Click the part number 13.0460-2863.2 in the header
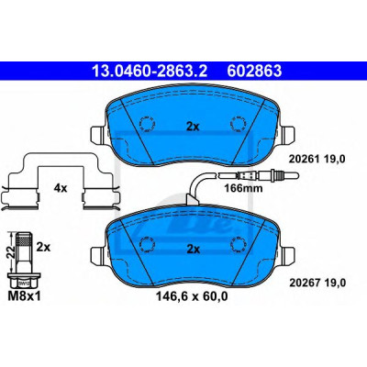[x=150, y=71]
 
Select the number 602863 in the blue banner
[x=254, y=71]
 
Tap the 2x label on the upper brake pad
[x=193, y=127]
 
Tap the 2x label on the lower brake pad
[x=194, y=250]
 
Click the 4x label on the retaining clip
[x=61, y=188]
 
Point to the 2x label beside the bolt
[x=43, y=247]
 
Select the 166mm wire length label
[x=243, y=188]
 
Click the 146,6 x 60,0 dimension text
[x=192, y=295]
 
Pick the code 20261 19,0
[x=317, y=159]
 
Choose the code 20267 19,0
[x=317, y=283]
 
